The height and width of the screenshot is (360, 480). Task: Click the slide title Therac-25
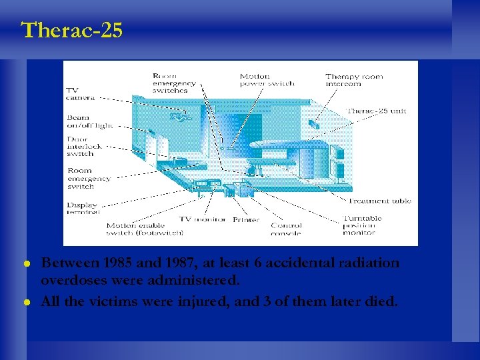coord(72,31)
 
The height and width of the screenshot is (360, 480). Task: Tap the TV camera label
coord(80,93)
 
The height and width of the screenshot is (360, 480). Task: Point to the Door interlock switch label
coord(81,147)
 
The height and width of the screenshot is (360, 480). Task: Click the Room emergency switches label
coord(175,83)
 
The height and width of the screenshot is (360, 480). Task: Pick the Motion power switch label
coord(267,80)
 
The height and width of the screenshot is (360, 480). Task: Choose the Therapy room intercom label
coord(354,80)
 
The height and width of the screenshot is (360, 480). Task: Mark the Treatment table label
coord(378,201)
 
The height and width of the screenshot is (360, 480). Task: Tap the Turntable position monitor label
coord(363,225)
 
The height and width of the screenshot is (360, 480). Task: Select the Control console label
coord(286,229)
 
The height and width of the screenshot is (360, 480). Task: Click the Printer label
coord(246,219)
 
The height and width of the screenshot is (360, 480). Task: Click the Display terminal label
coord(82,208)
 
